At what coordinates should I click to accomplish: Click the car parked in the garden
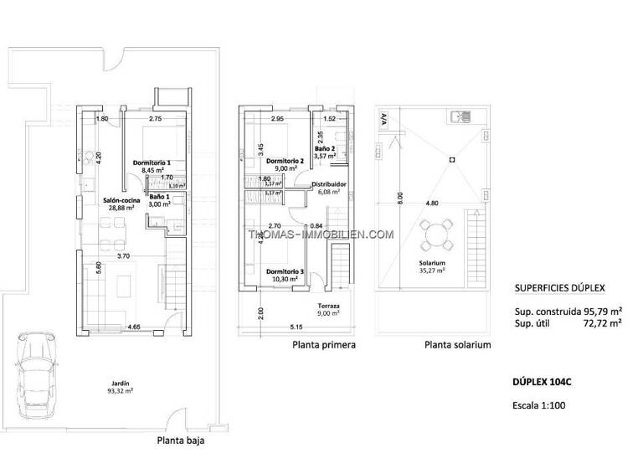(37, 374)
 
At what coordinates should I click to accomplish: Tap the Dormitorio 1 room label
(152, 162)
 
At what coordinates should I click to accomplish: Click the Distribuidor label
(329, 183)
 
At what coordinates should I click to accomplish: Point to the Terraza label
(329, 307)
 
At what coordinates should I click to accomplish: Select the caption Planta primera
(324, 344)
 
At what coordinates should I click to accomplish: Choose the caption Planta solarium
(457, 344)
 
